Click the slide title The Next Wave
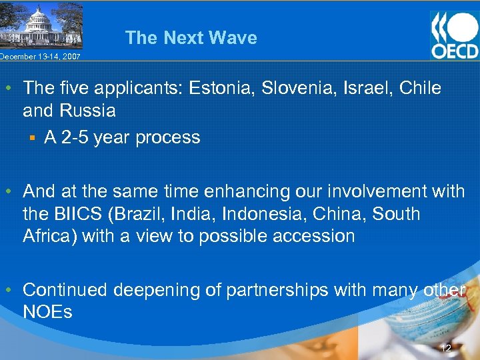pos(191,37)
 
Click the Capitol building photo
pos(41,25)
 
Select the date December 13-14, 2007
pos(40,57)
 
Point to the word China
pos(341,214)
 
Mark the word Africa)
pos(50,236)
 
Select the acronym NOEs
pos(47,311)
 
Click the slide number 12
pos(446,347)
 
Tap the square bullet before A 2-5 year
pos(31,138)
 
